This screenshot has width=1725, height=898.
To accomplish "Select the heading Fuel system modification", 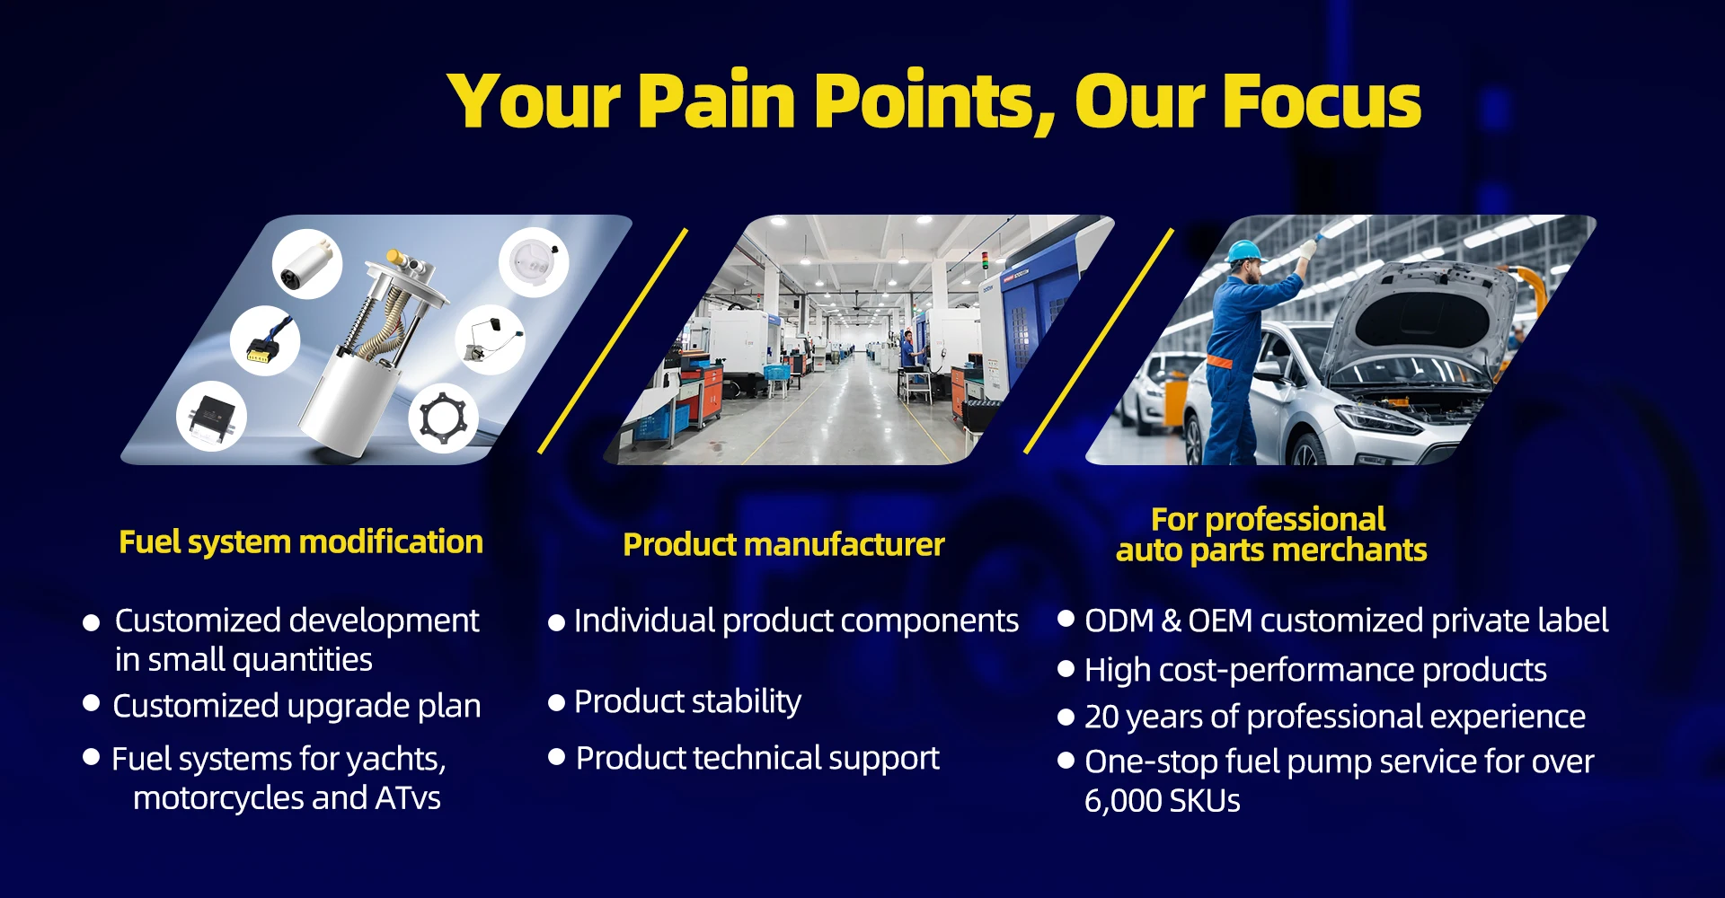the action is point(301,542).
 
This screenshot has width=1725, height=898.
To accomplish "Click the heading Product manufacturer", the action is point(783,544).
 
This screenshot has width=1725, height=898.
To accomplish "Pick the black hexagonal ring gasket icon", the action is point(444,418).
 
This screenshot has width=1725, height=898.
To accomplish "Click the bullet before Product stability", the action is point(556,702).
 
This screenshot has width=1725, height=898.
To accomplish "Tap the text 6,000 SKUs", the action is point(1162,800).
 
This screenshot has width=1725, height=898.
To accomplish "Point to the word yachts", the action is point(396,760).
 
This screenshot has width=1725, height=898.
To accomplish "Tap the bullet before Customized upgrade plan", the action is point(91,703).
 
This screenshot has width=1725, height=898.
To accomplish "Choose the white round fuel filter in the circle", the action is point(534,262).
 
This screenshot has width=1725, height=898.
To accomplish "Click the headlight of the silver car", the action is point(1380,419).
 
